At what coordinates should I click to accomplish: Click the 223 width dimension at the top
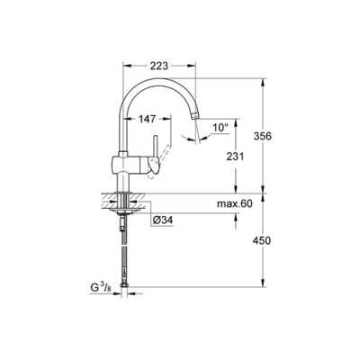160,66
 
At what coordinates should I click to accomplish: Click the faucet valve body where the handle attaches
126,163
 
